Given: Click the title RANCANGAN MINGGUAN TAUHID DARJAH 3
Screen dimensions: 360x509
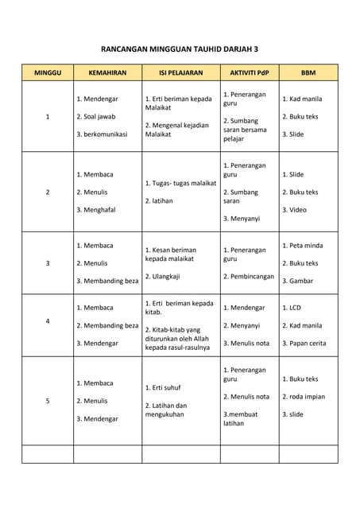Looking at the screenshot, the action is coord(180,49).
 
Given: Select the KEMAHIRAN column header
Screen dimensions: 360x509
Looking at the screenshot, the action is coord(107,72).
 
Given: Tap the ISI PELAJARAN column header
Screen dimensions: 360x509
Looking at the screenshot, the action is coord(180,72).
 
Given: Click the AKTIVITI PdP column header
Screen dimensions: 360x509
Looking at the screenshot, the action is coord(249,72).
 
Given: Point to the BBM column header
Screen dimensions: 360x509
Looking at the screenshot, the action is coord(308,72).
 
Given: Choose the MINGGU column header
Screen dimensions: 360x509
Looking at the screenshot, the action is coord(47,72).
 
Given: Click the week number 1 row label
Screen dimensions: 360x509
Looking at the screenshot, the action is coord(48,117).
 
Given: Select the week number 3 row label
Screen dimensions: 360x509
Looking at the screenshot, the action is coord(48,263).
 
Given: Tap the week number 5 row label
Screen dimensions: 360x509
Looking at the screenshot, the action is coord(48,401).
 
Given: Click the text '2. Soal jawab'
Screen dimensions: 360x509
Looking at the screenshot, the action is coord(96,117).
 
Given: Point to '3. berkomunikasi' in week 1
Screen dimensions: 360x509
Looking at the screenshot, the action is coord(102,134).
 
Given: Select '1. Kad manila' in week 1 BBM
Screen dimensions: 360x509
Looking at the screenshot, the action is coord(302,99).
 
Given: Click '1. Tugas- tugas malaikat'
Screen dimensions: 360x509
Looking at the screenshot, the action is coord(180,183).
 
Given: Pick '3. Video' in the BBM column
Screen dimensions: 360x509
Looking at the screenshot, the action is coord(294,210).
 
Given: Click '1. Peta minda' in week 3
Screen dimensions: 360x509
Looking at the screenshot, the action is coord(301,246).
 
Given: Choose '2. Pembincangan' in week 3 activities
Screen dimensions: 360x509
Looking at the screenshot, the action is coord(249,277).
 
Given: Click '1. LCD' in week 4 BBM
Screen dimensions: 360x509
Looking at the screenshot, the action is coord(292,307).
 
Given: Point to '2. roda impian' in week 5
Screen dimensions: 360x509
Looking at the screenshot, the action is coord(304,397).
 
